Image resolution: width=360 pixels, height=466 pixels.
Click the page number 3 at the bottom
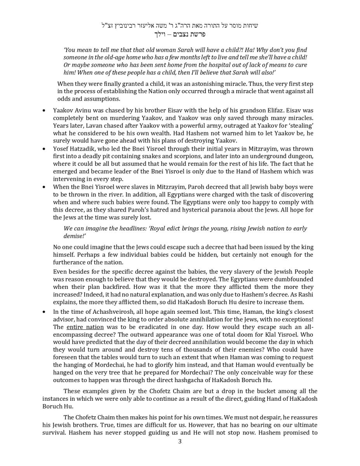coord(180,441)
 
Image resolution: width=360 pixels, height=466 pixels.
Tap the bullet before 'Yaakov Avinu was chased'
coord(44,111)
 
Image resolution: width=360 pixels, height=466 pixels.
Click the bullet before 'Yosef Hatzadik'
coord(44,149)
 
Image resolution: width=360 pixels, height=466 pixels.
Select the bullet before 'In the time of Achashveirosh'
coord(44,312)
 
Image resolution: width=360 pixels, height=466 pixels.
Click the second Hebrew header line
coord(180,34)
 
